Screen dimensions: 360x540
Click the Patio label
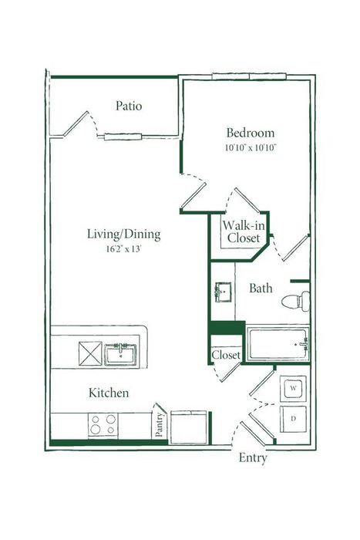coord(129,106)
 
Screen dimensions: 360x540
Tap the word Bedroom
coord(251,133)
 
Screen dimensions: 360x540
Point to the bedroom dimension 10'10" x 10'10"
coord(251,148)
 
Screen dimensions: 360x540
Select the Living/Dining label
coord(123,235)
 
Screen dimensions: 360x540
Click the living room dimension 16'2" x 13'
coord(123,248)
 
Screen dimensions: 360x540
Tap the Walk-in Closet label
coord(244,231)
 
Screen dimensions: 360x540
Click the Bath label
coord(261,288)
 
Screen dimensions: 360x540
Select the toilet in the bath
coord(296,302)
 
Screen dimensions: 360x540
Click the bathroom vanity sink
coord(223,292)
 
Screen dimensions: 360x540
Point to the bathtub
coord(278,344)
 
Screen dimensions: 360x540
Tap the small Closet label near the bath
coord(226,355)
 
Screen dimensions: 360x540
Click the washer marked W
coord(293,389)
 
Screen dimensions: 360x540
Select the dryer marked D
coord(293,419)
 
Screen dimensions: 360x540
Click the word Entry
coord(253,458)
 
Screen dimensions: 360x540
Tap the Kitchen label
coord(109,393)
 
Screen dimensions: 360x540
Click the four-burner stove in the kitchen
coord(103,425)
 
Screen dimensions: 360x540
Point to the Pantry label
coord(159,424)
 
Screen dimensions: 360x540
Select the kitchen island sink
coord(120,354)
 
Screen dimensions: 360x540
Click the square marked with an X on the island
coord(90,353)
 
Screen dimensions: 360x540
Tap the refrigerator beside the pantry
coord(189,427)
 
